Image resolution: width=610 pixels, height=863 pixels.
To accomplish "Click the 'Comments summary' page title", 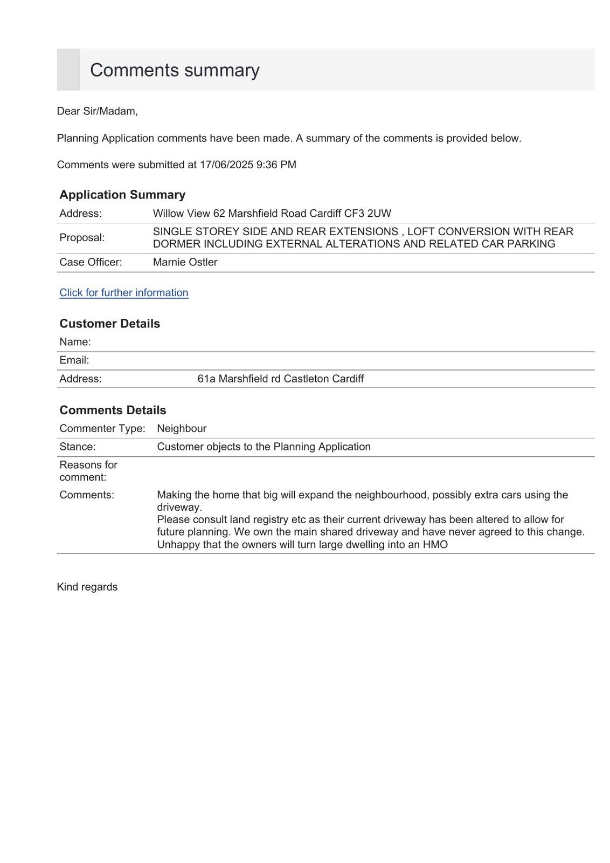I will coord(175,70).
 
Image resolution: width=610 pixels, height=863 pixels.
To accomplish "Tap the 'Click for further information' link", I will coord(124,292).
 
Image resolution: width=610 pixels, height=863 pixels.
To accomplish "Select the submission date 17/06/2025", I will coord(226,165).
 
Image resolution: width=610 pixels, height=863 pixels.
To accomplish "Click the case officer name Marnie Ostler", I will coord(185,262).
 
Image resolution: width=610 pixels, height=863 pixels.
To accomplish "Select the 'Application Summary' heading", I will coord(122,195).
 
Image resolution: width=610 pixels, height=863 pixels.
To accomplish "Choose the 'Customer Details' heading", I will coord(109,324).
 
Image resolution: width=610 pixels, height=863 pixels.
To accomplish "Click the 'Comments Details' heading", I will coord(113,410).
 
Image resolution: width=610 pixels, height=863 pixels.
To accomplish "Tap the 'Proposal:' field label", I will coord(82,237).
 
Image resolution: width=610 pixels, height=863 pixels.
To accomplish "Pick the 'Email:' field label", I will coord(74,360).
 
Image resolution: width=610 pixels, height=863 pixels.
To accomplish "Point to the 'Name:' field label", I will coord(75,342).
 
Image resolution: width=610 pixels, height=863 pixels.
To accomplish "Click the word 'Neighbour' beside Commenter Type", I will coord(182,428).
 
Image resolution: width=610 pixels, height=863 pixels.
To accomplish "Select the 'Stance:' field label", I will coord(78,447).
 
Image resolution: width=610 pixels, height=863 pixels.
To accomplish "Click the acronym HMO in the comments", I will coord(435,545).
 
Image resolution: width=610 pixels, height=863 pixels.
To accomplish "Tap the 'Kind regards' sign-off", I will coord(87,587).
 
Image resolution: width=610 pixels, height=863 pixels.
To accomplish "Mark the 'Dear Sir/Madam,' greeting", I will coord(98,111).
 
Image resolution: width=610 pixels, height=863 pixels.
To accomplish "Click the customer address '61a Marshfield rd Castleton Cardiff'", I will coord(280,379).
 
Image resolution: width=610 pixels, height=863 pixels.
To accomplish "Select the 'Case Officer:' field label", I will coord(91,262).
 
